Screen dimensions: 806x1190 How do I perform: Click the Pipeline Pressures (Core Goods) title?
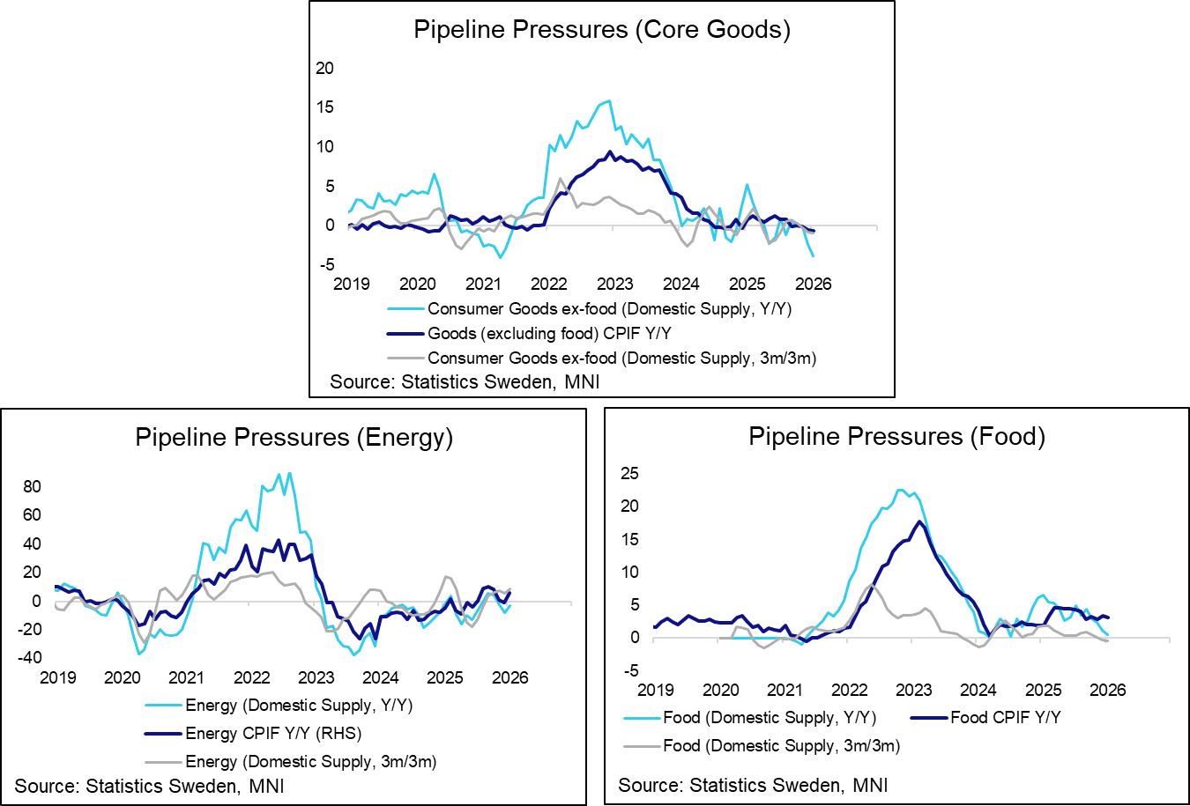tap(601, 30)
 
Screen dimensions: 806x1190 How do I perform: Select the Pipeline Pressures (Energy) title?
tap(294, 438)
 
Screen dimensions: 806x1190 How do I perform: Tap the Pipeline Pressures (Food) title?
tap(896, 437)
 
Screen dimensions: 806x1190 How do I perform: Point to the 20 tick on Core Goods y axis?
tap(325, 68)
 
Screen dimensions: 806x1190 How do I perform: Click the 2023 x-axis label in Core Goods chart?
tap(614, 284)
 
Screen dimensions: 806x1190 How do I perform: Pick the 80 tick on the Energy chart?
tap(32, 486)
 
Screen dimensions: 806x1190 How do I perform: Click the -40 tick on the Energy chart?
tap(29, 657)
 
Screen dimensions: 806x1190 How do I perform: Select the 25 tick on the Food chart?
tap(629, 474)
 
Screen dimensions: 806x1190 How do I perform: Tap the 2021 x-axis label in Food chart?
tap(785, 690)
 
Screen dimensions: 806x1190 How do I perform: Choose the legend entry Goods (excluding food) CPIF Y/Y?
tap(550, 333)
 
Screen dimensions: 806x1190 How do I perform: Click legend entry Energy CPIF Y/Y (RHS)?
tap(273, 733)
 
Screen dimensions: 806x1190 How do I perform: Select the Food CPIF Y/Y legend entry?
tap(1005, 717)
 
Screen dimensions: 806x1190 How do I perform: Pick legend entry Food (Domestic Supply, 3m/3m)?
tap(781, 745)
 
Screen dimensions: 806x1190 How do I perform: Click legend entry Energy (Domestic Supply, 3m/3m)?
tap(310, 761)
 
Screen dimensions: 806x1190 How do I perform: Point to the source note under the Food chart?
tap(753, 785)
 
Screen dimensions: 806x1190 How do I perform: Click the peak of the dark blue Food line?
tap(919, 521)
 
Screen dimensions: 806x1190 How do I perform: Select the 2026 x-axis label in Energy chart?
tap(509, 677)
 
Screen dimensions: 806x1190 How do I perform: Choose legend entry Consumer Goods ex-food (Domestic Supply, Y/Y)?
tap(610, 308)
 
